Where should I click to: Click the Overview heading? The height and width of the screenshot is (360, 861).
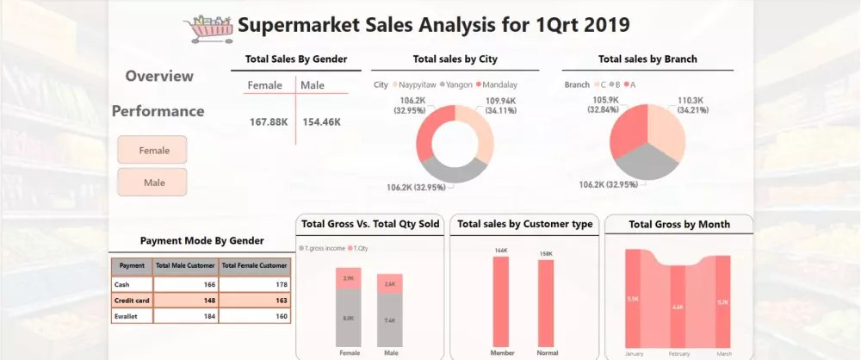pos(159,76)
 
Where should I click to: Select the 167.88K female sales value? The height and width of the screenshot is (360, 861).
pos(268,122)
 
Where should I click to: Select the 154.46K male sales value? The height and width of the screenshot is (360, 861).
pos(321,122)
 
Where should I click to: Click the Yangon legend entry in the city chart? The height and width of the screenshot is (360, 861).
pos(457,85)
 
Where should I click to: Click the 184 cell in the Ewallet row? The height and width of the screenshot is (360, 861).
pos(186,316)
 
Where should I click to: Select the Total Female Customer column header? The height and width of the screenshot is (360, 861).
pos(255,266)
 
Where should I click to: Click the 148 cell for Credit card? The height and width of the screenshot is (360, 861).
pos(186,300)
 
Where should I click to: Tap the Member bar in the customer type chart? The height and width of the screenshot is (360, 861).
pos(500,301)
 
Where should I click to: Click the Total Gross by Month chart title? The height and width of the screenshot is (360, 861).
pos(679,225)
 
